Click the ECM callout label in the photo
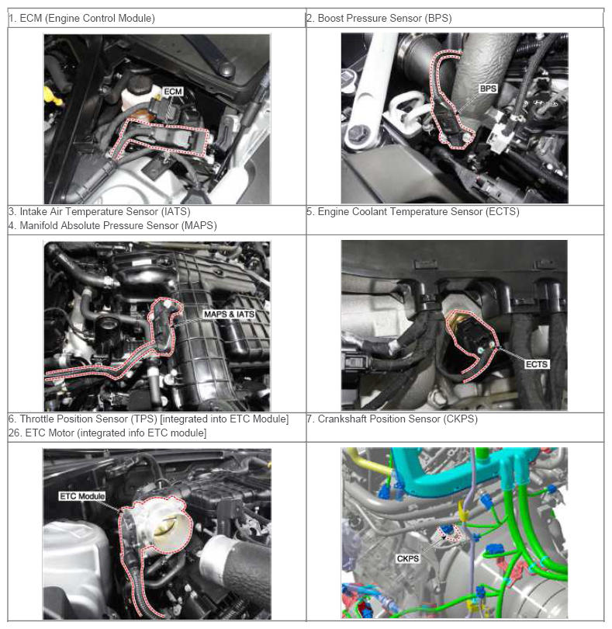point(173,92)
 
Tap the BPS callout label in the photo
point(488,89)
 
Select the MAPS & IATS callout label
point(229,314)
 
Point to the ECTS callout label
point(536,364)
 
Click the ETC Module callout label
point(82,496)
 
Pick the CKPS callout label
point(407,558)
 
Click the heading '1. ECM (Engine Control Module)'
point(81,18)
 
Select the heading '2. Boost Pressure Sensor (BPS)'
point(379,18)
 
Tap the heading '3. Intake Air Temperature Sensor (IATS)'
point(99,211)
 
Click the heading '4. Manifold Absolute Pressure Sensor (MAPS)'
point(112,225)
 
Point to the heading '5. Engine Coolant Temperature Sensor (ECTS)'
point(413,211)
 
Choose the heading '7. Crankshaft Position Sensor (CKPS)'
point(392,419)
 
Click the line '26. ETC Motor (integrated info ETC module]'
point(107,433)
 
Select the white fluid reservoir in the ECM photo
point(137,95)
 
